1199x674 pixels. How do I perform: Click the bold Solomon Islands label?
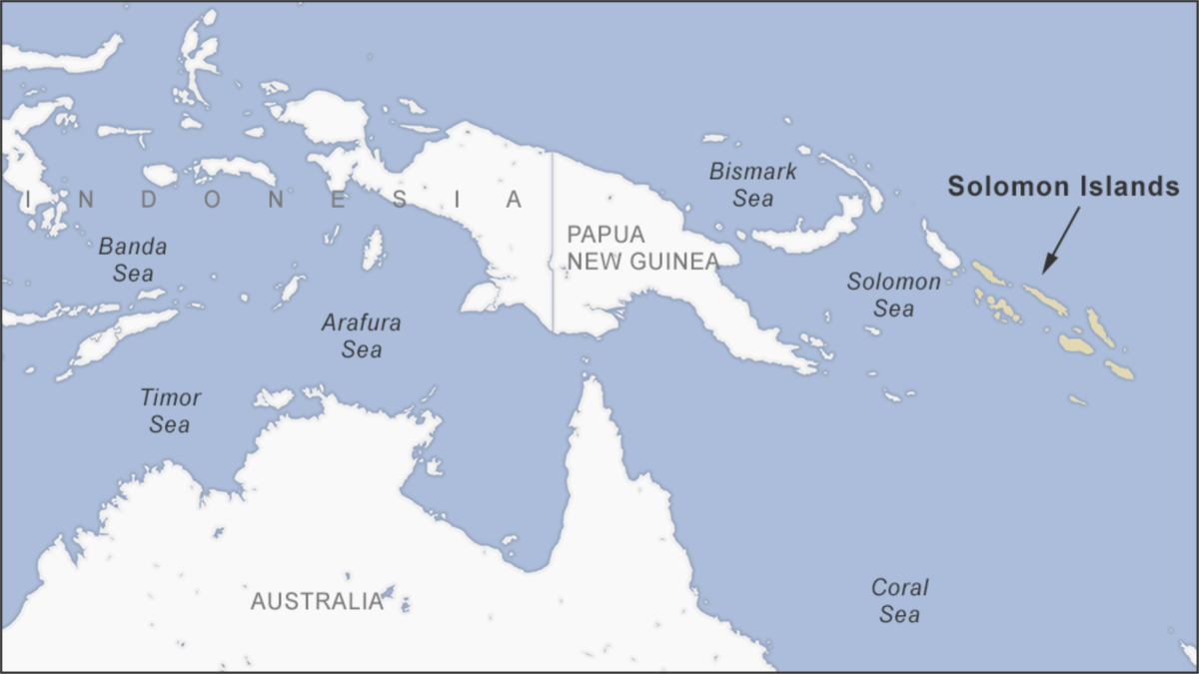(x=1063, y=187)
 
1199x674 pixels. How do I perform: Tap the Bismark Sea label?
(x=753, y=185)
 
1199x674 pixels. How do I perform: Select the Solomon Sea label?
(x=893, y=295)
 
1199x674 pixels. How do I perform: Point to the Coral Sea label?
(x=899, y=600)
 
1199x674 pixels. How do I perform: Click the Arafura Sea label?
(x=361, y=336)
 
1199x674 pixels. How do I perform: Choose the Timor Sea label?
(x=170, y=410)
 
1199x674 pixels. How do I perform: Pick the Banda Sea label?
(x=132, y=259)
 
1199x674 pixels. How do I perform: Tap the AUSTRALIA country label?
(x=317, y=601)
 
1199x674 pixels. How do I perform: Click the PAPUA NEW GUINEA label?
(x=642, y=248)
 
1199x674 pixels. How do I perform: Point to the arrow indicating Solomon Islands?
(x=1061, y=239)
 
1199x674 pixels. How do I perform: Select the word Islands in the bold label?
(x=1129, y=187)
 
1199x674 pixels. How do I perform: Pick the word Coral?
(x=899, y=587)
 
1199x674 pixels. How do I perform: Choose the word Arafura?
(x=361, y=323)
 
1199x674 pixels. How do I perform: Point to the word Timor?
(x=170, y=397)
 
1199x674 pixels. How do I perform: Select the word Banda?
(x=132, y=246)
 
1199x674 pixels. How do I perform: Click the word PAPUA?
(x=605, y=235)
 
